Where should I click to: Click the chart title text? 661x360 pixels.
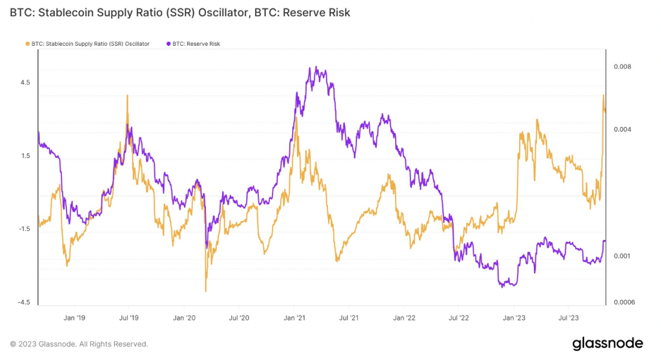[x=180, y=13]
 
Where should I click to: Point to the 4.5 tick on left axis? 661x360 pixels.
[x=25, y=83]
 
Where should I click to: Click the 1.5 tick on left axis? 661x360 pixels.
[x=25, y=155]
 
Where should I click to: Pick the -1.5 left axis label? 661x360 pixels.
[x=24, y=229]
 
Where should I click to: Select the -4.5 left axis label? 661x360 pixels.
[x=24, y=303]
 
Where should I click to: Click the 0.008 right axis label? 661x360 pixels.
[x=622, y=67]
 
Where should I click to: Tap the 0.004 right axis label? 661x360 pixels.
[x=622, y=130]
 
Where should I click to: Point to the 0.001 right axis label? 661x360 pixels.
[x=622, y=256]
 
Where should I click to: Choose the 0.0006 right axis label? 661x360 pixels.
[x=624, y=303]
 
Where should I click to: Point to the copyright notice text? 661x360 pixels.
[x=79, y=344]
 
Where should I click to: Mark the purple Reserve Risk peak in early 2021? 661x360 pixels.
[x=314, y=68]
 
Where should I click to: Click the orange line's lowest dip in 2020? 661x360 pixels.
[x=205, y=290]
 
